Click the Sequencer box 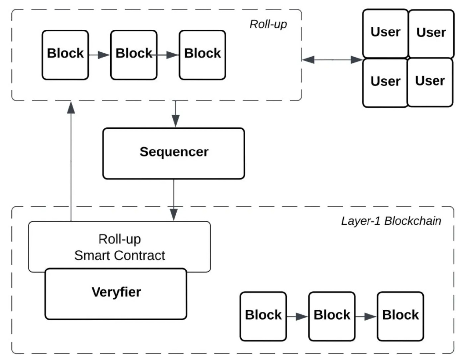tap(174, 153)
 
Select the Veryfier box tap(116, 294)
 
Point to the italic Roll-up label tap(268, 24)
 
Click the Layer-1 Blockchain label tap(391, 221)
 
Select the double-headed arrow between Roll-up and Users tap(332, 60)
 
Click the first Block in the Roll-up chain tap(65, 55)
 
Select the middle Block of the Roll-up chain tap(134, 55)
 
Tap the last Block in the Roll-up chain tap(202, 55)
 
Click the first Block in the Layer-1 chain tap(263, 316)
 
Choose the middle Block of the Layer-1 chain tap(332, 316)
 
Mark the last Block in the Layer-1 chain tap(400, 316)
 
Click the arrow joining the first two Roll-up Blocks tap(99, 55)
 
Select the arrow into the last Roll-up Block tap(168, 55)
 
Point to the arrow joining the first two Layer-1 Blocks tap(297, 317)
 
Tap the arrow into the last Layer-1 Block tap(366, 317)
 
